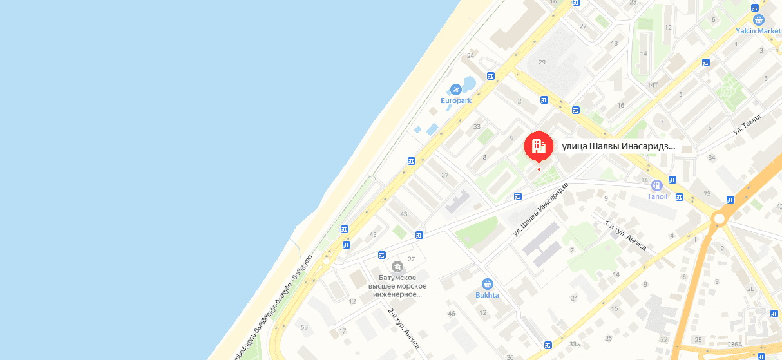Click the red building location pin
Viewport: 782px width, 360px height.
coord(539,146)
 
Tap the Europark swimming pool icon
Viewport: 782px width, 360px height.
coord(456,89)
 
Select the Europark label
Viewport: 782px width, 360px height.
coord(456,101)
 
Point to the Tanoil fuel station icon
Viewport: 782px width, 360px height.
coord(657,185)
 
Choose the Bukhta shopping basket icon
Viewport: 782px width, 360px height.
coord(488,283)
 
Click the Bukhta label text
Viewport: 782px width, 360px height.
coord(487,296)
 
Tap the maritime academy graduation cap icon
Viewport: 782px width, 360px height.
coord(397,266)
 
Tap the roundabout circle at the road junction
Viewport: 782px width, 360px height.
coord(718,220)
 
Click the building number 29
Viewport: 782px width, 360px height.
coord(542,62)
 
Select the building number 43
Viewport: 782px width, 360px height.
coord(404,214)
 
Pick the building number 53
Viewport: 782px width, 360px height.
coord(304,327)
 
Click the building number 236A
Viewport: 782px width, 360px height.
coord(735,345)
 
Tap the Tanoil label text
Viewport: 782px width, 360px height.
coord(657,196)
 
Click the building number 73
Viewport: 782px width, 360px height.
coord(707,194)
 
